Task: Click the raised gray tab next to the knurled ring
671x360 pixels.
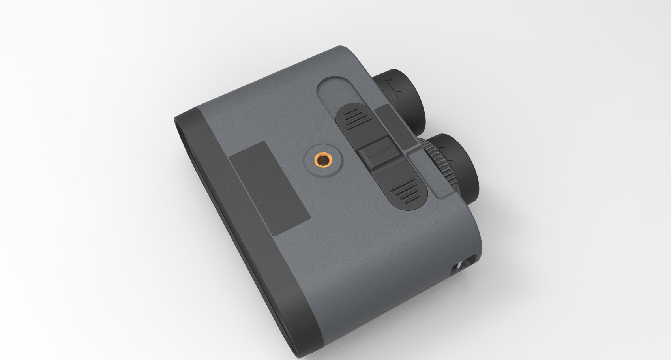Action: [430, 174]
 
